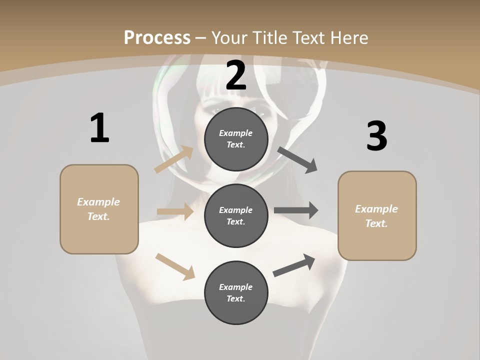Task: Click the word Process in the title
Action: (157, 37)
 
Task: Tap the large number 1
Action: (99, 128)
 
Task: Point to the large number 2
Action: (236, 75)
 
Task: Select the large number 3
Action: (376, 136)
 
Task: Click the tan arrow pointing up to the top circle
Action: (173, 159)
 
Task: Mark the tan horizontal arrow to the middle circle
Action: (175, 211)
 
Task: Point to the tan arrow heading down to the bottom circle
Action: (175, 266)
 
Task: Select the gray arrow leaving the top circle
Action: (297, 160)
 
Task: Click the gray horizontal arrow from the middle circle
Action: (296, 210)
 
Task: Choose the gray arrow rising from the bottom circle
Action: (294, 265)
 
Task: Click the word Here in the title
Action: (349, 37)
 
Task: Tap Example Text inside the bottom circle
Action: (236, 293)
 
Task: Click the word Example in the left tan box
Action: (98, 202)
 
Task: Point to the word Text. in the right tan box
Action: (376, 223)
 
